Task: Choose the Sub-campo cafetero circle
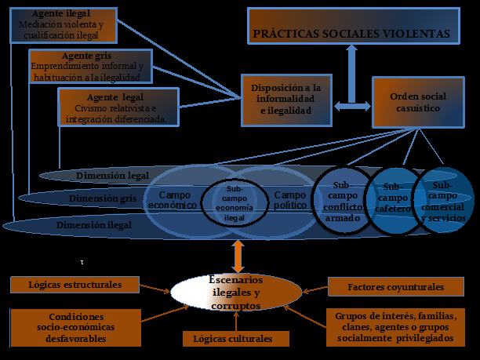[x=394, y=198]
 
